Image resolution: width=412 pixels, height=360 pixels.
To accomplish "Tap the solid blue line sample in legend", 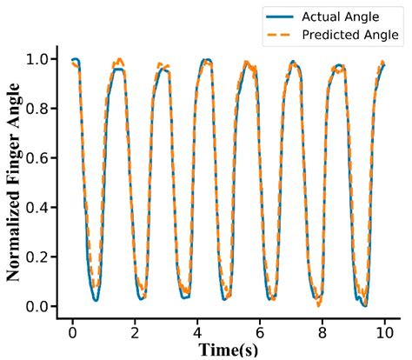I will click(283, 17).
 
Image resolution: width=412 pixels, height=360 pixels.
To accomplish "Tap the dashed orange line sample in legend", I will click(283, 35).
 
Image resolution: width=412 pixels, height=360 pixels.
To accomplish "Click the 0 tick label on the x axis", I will click(72, 333).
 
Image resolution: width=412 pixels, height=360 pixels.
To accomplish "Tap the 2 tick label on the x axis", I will click(135, 333).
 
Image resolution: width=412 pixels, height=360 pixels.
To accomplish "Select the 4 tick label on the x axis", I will click(197, 333).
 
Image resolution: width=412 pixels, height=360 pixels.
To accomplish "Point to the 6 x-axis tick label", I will click(259, 333).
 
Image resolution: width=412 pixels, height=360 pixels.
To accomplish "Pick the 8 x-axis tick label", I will click(322, 333).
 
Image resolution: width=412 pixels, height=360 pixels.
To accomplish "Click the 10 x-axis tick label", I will click(383, 333).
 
